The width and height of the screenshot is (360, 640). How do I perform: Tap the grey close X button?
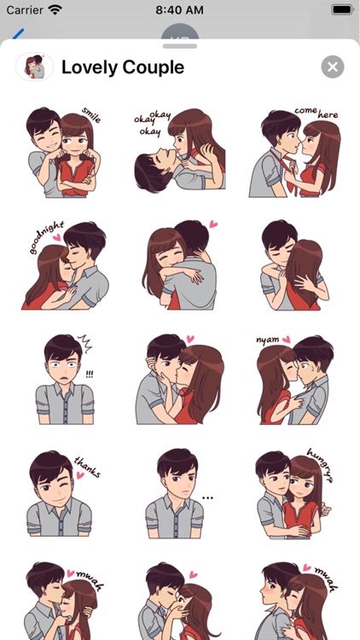tap(333, 67)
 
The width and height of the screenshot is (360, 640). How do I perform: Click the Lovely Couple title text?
tap(123, 67)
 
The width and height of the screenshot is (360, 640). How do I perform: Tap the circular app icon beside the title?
tap(35, 67)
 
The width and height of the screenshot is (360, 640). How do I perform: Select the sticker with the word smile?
tap(61, 152)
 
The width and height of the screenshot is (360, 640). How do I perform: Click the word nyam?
tap(268, 340)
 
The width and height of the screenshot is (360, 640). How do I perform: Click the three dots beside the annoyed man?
tap(207, 497)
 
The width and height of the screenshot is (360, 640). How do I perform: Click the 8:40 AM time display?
tap(180, 10)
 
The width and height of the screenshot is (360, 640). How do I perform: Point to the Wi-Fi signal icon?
tap(55, 10)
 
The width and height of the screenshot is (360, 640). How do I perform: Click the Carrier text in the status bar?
tap(23, 10)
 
